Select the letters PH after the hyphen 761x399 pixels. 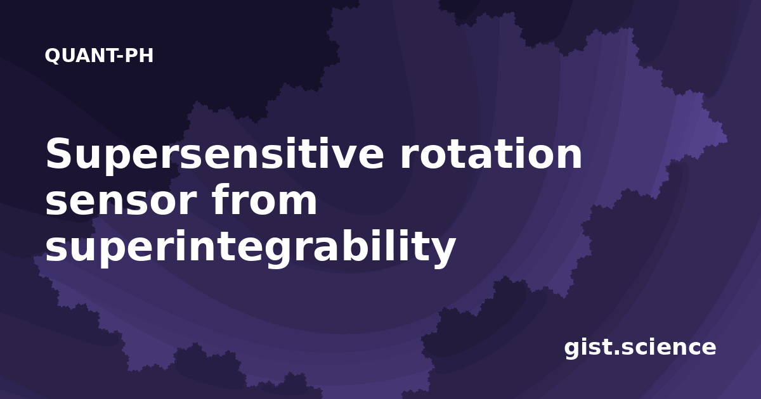[x=139, y=56]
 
